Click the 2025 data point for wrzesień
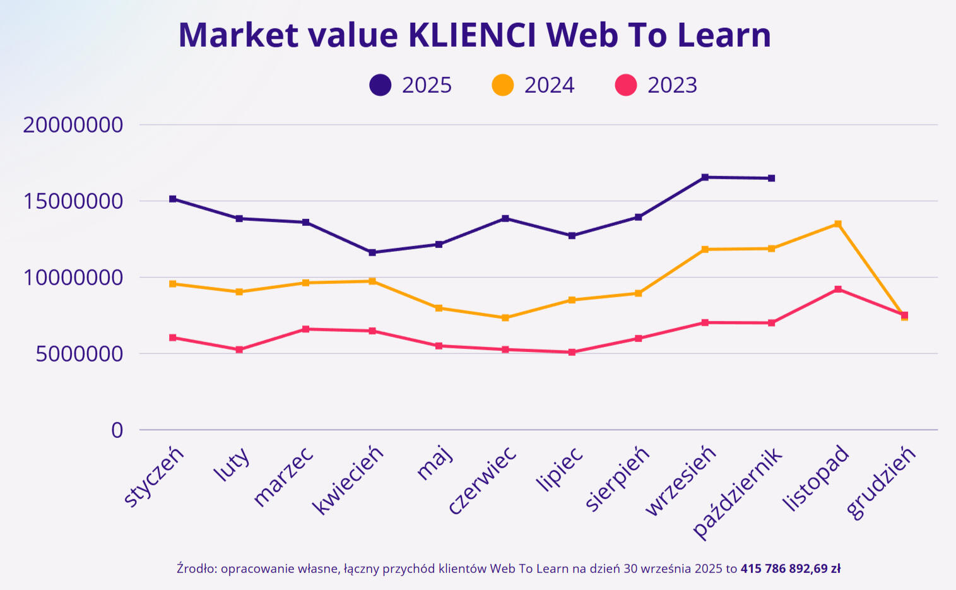click(705, 177)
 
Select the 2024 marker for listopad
click(838, 223)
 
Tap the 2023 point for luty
click(239, 350)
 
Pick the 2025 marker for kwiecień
click(372, 252)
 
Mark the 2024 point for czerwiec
click(505, 318)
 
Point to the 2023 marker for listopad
click(838, 289)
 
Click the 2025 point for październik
click(771, 179)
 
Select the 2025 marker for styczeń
click(173, 199)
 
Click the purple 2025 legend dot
click(381, 85)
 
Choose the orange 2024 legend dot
click(503, 85)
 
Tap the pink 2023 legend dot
click(626, 85)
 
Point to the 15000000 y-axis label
click(73, 201)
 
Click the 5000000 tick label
click(80, 354)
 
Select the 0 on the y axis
click(117, 430)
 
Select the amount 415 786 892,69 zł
click(790, 569)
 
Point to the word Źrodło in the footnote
click(196, 569)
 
